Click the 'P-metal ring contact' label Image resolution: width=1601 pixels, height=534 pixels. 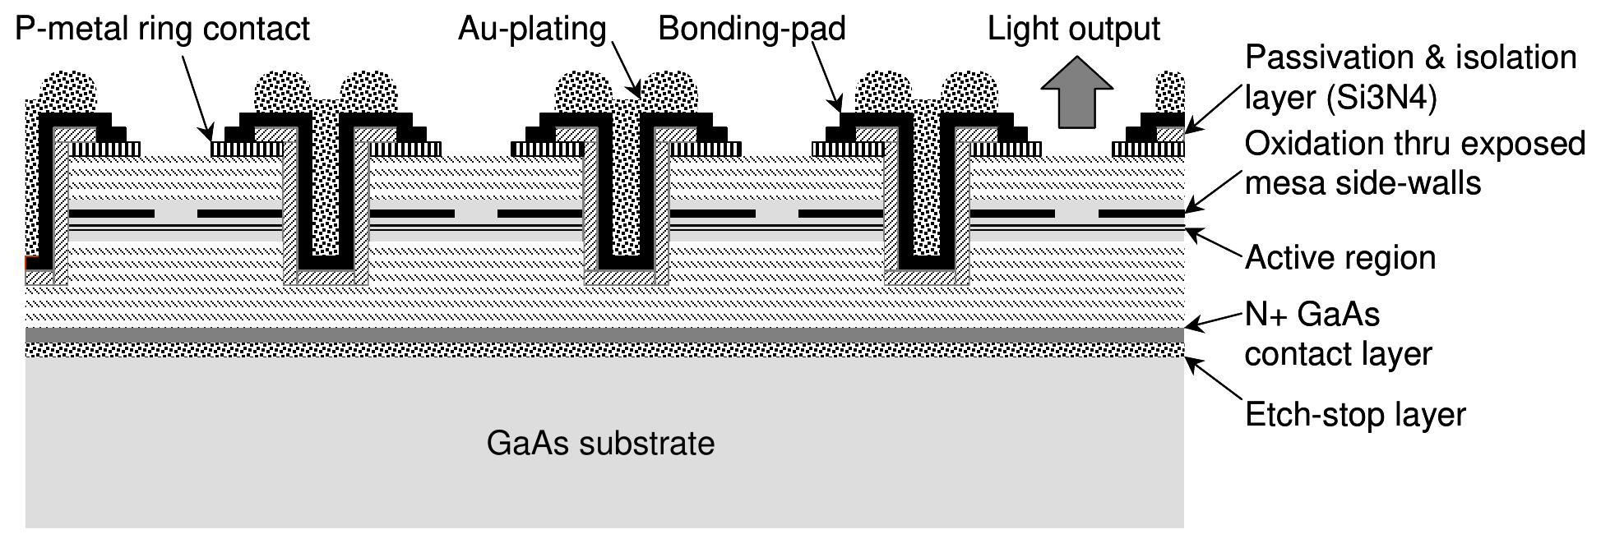point(162,29)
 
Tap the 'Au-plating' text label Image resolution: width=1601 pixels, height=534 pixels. point(532,29)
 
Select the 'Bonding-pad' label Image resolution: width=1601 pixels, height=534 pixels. point(752,29)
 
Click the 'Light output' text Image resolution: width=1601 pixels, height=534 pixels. point(1073,29)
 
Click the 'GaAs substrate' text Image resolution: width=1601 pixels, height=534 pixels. point(600,444)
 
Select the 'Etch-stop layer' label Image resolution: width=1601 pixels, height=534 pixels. point(1355,414)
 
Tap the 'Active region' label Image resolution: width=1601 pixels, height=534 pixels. point(1340,258)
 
